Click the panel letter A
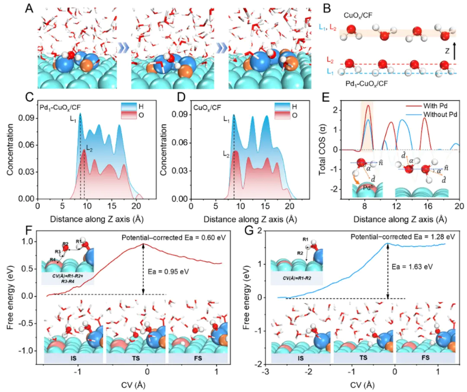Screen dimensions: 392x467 click(x=29, y=7)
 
